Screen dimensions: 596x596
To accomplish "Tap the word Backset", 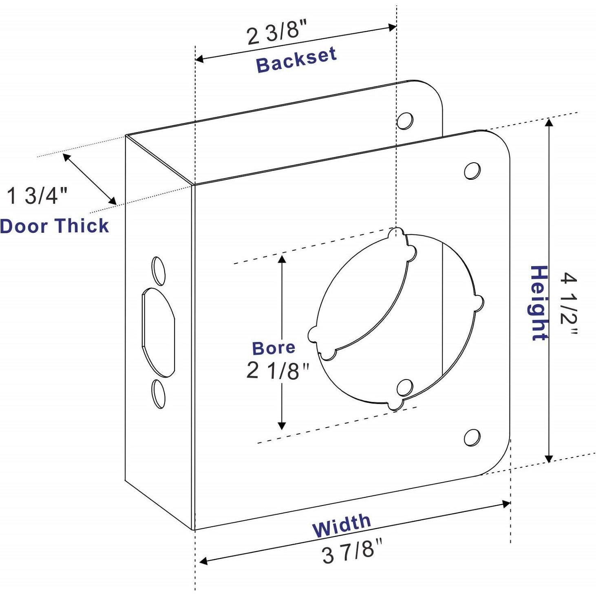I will point(296,60).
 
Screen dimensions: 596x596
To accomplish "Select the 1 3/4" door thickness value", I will point(37,195).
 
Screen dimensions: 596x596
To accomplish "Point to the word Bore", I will point(274,348).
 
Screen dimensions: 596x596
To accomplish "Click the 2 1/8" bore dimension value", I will point(278,371).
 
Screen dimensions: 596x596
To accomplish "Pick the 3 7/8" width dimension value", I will point(352,551).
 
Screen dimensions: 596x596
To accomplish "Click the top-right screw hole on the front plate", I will point(472,171).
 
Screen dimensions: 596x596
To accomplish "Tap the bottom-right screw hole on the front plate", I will point(472,437).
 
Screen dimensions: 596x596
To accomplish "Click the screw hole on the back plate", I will point(405,121).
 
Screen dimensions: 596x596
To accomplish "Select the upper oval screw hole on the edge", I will point(159,271).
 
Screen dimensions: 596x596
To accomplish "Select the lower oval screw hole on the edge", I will point(159,394).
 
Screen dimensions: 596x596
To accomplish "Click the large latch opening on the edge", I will point(159,332).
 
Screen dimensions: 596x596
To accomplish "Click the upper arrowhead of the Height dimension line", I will point(549,122).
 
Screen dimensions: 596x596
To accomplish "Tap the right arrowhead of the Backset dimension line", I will point(392,28).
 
